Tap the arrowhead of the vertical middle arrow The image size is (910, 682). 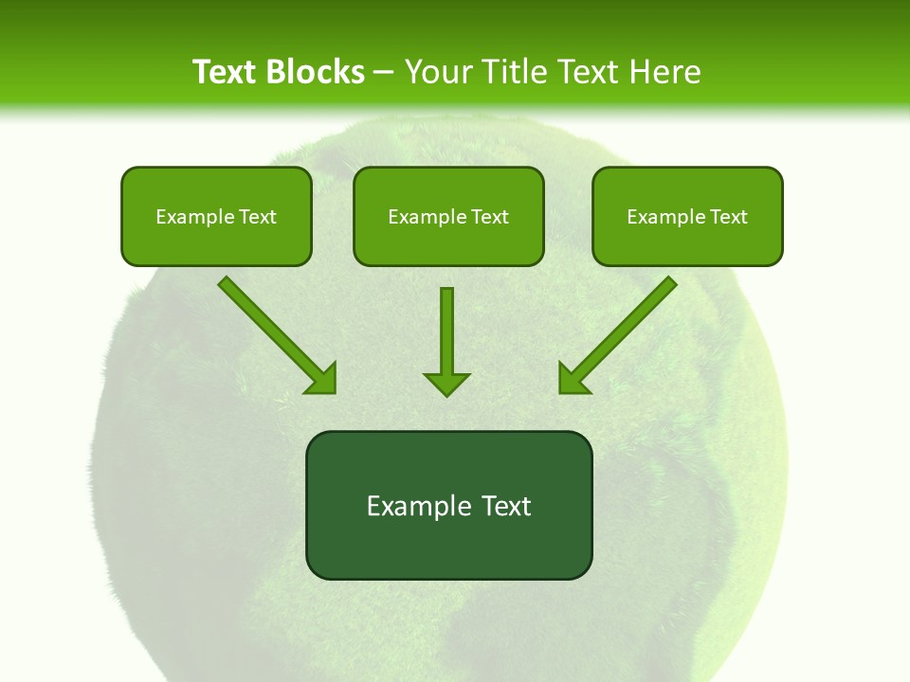point(446,383)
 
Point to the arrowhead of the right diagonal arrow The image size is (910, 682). point(573,379)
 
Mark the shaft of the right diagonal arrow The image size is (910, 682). point(629,323)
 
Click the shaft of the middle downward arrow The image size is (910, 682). point(446,327)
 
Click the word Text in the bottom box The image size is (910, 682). point(505,506)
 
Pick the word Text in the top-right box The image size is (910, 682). point(728,217)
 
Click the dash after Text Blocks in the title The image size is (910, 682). point(384,72)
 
